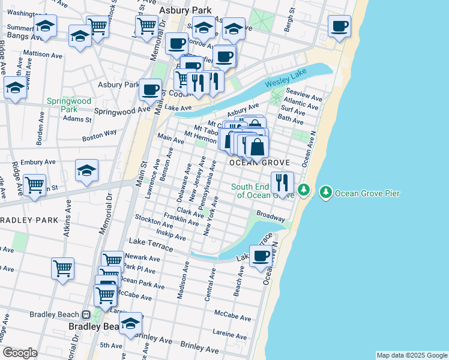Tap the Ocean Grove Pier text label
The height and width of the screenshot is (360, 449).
coord(367,193)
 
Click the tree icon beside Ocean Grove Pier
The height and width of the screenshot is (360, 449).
coord(326,192)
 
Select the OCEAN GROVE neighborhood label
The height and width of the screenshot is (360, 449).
coord(259,163)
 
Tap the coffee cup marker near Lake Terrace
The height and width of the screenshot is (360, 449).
coord(261,256)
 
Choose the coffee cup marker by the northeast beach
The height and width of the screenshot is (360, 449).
coord(339,26)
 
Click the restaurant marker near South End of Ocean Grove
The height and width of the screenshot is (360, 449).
coord(282,182)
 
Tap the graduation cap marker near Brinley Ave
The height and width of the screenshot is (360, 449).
coord(130,323)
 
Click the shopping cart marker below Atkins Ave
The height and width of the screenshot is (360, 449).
coord(62,268)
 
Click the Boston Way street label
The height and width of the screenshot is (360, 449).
coord(100,136)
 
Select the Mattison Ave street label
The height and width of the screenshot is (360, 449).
coord(43,55)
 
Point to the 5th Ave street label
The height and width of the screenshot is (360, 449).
coord(111,346)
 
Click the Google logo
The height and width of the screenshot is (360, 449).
coord(20,353)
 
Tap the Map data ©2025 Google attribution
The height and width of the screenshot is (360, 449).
coord(411,355)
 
